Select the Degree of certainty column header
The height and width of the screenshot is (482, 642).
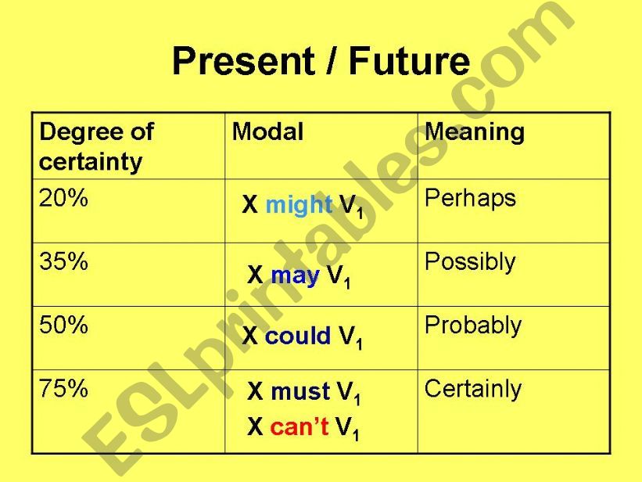tap(96, 146)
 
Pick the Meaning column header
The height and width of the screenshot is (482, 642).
tap(474, 131)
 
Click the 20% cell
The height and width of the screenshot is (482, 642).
tap(63, 199)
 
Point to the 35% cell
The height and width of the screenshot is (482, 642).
tap(63, 261)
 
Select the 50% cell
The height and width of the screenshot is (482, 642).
tap(63, 325)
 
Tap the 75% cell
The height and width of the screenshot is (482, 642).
tap(63, 389)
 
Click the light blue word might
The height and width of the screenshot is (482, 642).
tap(299, 205)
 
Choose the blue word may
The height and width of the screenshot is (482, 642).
tap(295, 275)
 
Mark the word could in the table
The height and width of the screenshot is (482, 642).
tap(298, 336)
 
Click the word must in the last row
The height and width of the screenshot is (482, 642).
tap(300, 391)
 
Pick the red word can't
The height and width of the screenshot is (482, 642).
tap(299, 426)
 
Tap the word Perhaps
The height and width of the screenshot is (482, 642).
tap(470, 199)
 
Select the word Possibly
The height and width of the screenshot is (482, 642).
tap(470, 262)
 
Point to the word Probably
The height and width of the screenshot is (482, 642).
tap(472, 326)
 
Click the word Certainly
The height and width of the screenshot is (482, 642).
tap(472, 389)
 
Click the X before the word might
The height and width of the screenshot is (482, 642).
tap(250, 205)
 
